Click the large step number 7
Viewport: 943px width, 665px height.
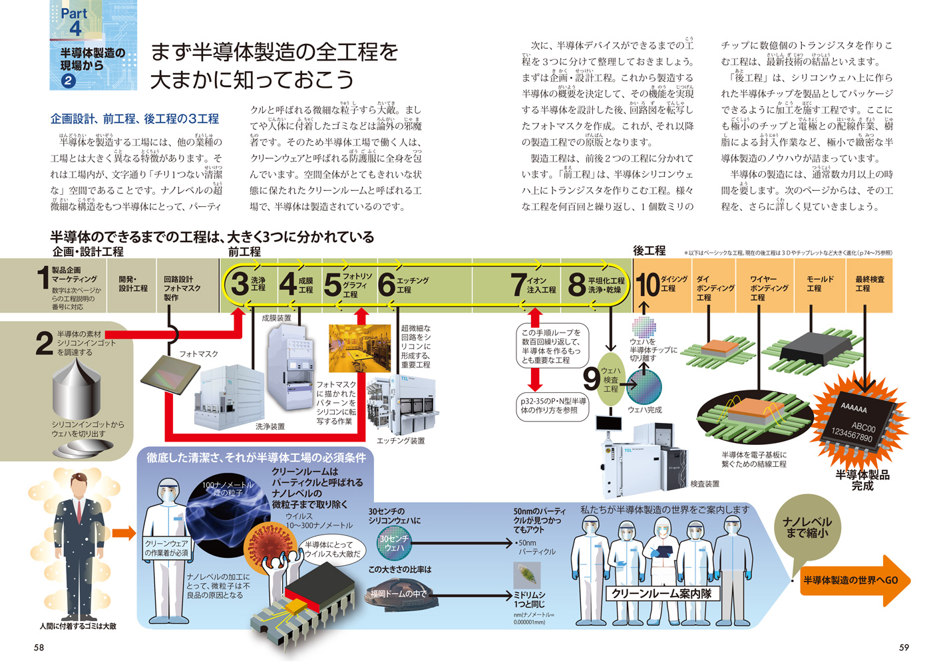[x=518, y=285]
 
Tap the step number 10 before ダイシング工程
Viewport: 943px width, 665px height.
[x=647, y=285]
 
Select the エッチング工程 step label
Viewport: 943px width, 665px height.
[x=413, y=285]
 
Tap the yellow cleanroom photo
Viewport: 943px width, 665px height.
[x=359, y=348]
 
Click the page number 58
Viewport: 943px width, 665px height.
[x=39, y=647]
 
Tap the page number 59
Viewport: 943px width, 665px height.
[x=903, y=647]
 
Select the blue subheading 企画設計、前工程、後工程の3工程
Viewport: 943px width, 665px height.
[x=134, y=119]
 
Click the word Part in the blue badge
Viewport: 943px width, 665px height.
[x=74, y=13]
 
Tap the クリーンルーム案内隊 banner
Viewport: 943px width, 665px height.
[x=661, y=593]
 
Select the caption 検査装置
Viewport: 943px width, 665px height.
[x=705, y=483]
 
